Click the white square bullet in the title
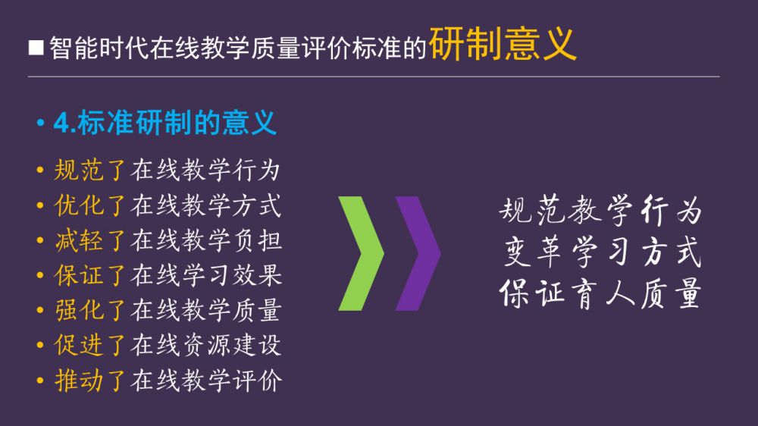point(36,48)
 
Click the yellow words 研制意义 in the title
point(503,44)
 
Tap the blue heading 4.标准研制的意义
point(164,123)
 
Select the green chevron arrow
point(361,253)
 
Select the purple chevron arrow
point(418,253)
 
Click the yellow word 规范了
point(90,171)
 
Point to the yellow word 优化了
point(90,205)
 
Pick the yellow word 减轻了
point(90,240)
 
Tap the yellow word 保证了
point(90,275)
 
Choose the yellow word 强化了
point(90,310)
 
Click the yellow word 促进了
point(90,345)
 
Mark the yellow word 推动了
point(90,380)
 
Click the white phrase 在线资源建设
point(206,345)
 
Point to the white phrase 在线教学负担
point(206,240)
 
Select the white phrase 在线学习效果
point(206,275)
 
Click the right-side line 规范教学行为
point(600,211)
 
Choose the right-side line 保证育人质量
point(600,293)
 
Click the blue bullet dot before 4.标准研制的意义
point(41,123)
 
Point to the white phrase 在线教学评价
point(206,380)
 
